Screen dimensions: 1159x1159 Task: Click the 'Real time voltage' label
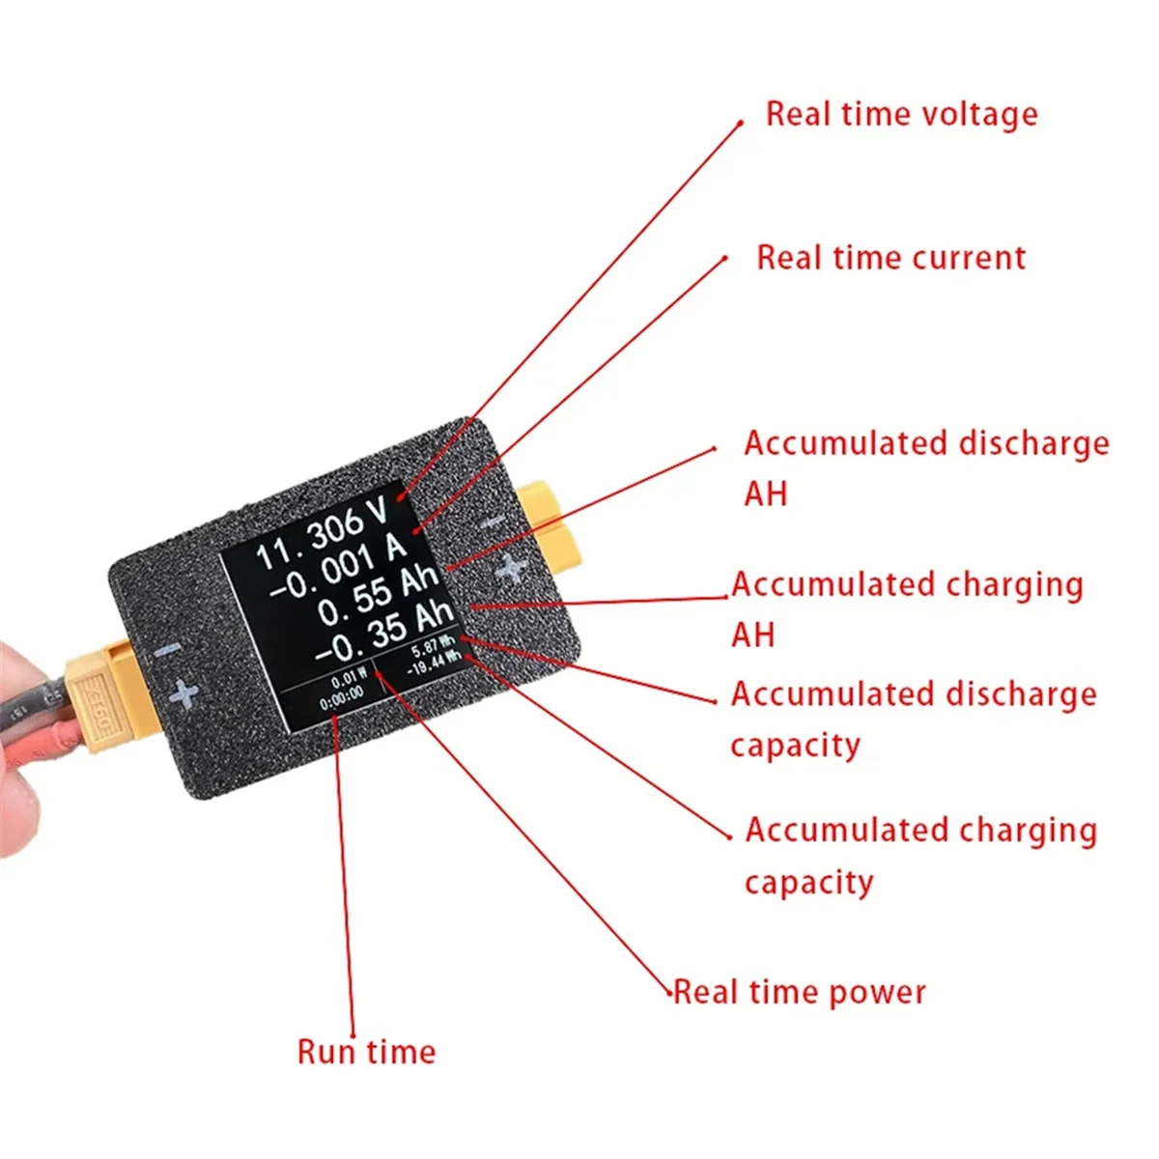(x=901, y=114)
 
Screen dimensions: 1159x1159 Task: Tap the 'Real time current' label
(x=890, y=258)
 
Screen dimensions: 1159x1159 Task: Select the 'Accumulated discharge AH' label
(x=925, y=467)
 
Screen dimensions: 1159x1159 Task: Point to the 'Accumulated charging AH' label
(x=906, y=608)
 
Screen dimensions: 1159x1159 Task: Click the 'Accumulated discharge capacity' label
(x=913, y=719)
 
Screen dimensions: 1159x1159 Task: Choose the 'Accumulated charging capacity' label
(x=919, y=855)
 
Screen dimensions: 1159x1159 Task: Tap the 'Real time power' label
(x=799, y=992)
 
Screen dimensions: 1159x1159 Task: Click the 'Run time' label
(x=366, y=1052)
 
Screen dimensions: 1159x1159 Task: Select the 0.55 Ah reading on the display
(x=378, y=596)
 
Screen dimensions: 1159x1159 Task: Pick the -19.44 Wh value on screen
(x=432, y=664)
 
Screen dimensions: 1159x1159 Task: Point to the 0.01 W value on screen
(x=348, y=679)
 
